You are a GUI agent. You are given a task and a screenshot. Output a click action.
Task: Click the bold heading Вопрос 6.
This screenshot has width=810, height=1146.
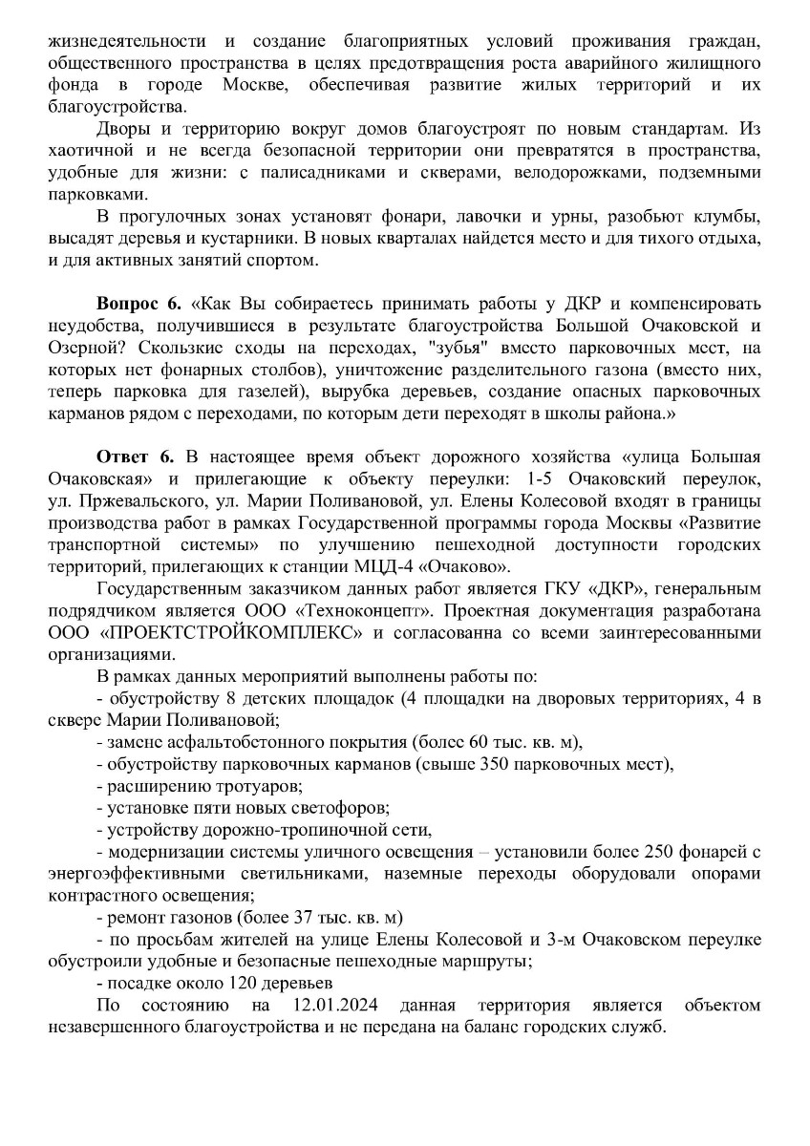tap(139, 305)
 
